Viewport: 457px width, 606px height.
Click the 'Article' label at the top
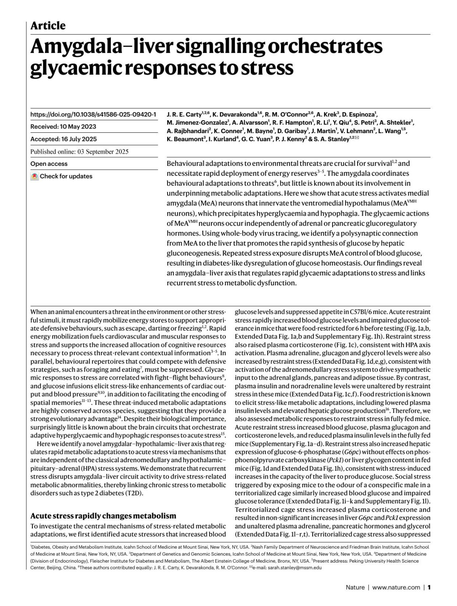pos(48,26)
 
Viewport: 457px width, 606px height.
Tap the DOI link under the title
pos(93,115)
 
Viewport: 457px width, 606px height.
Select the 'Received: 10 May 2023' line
pos(63,127)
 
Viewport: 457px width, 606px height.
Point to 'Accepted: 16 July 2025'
pos(64,139)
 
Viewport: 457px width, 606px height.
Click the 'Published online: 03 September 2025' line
pos(79,151)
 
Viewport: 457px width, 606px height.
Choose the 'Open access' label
pos(49,164)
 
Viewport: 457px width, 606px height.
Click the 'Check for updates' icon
pos(35,177)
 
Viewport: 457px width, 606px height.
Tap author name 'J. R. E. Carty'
pos(184,115)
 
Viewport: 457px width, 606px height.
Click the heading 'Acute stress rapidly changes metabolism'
pos(103,516)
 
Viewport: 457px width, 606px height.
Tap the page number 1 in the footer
pos(429,587)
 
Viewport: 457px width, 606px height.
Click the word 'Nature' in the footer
pos(355,587)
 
